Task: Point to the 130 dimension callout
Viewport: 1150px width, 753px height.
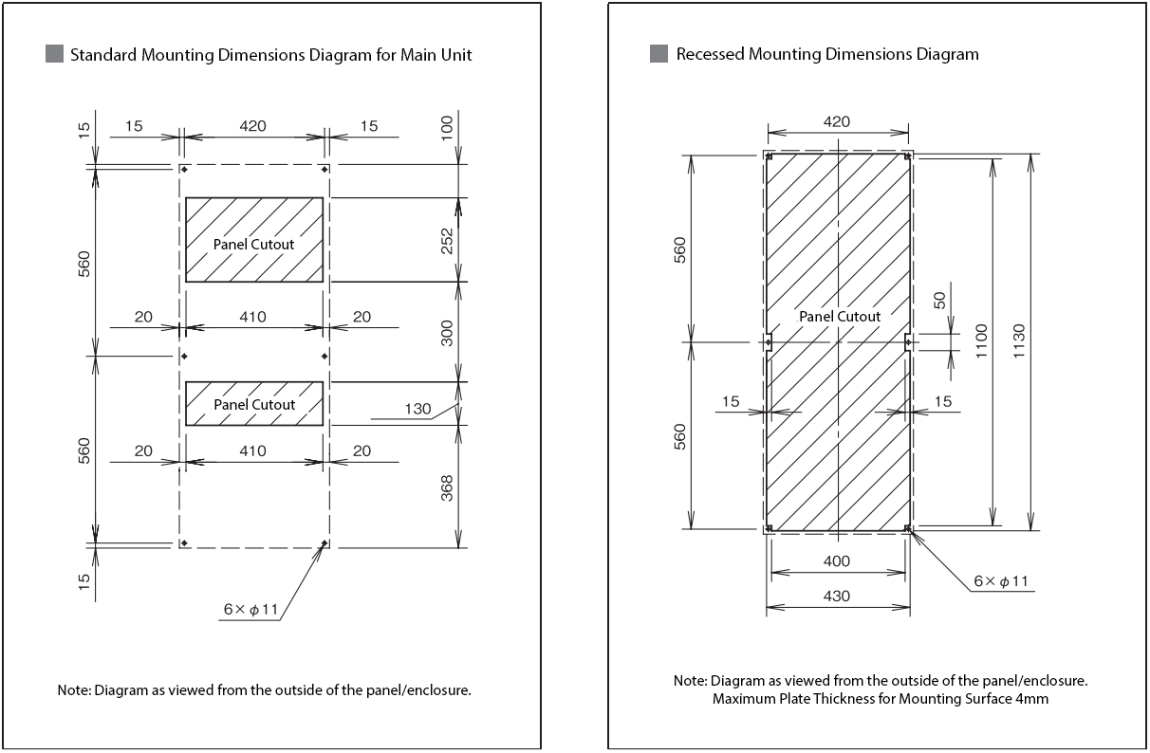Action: click(x=417, y=410)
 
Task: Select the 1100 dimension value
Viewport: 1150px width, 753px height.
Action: click(x=981, y=341)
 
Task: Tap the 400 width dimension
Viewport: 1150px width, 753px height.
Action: click(x=837, y=561)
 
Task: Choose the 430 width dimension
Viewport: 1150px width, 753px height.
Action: click(x=837, y=596)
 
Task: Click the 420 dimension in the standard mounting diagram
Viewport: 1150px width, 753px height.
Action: click(x=252, y=125)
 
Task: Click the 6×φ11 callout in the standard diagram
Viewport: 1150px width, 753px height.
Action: click(x=251, y=610)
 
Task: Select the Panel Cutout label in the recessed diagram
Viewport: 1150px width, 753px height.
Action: click(x=840, y=317)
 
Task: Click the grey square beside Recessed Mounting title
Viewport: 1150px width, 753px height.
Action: click(x=658, y=54)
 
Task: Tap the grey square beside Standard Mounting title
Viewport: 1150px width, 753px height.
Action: click(x=54, y=54)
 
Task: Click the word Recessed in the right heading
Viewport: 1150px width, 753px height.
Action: click(x=710, y=54)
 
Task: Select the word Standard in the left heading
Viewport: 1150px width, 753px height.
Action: click(x=104, y=54)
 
